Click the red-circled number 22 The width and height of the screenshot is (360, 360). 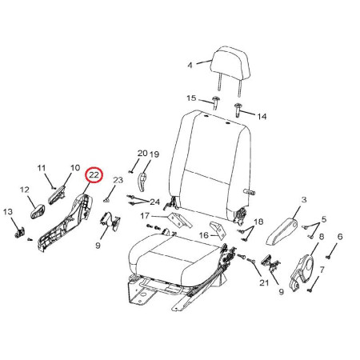click(94, 175)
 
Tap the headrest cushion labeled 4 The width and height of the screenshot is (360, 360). click(231, 64)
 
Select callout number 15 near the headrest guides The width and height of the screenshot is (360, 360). click(191, 98)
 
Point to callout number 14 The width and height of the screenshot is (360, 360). click(262, 116)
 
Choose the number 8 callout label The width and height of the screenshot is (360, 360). click(322, 237)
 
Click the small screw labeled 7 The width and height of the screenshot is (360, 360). click(310, 290)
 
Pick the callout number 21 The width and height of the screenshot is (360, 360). click(264, 282)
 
